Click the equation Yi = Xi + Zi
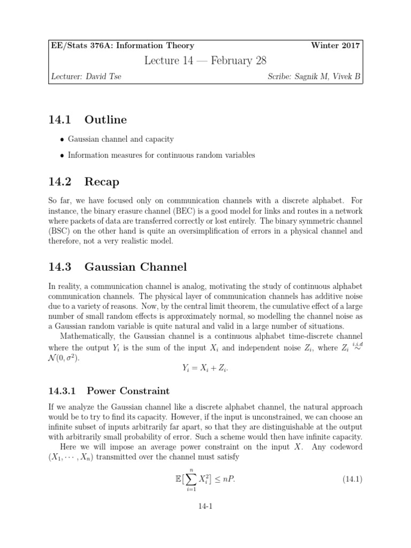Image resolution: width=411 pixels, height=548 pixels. coord(206,368)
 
